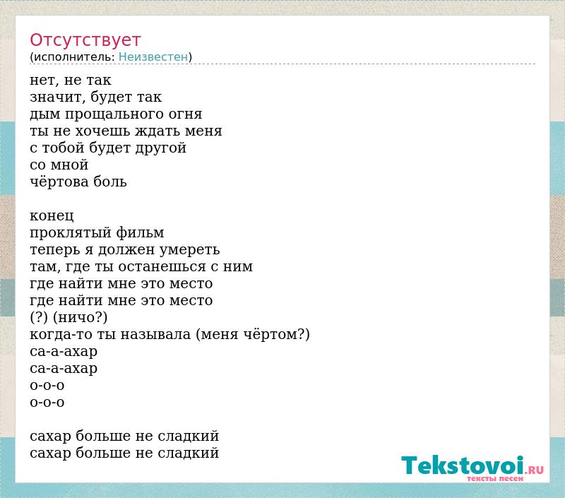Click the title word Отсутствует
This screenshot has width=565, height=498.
point(85,40)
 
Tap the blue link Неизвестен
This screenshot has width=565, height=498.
point(153,57)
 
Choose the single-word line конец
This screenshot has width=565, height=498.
point(52,216)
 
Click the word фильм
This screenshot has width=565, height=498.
point(140,233)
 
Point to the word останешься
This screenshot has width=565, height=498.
point(162,266)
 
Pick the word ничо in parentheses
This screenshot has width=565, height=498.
point(76,317)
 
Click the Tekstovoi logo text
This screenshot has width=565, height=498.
point(463,466)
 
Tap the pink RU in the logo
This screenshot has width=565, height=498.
point(536,470)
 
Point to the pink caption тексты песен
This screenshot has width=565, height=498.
point(495,478)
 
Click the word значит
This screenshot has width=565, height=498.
point(57,97)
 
